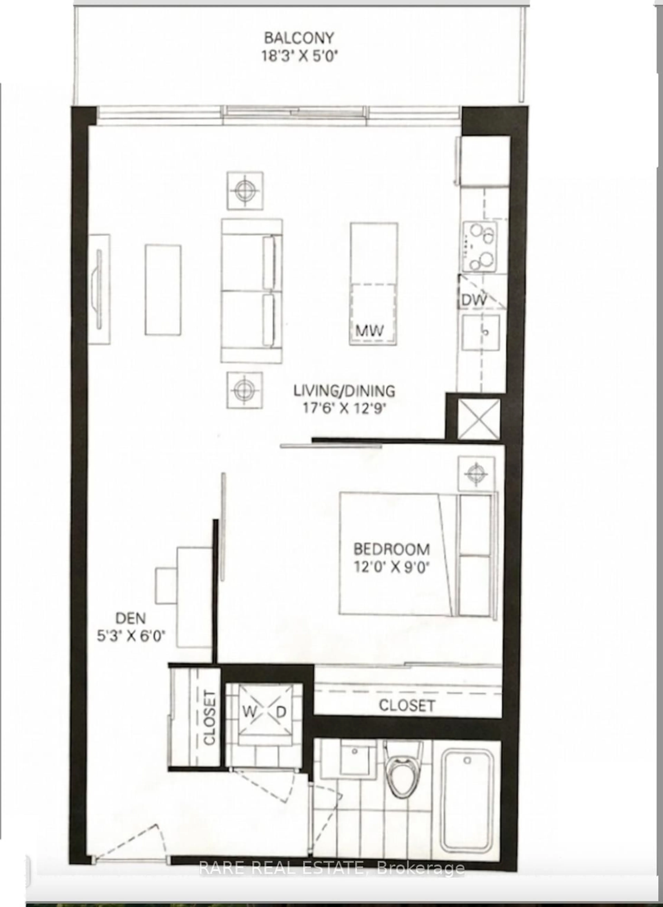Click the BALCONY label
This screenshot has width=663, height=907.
click(299, 39)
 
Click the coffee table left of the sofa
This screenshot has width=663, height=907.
click(163, 290)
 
